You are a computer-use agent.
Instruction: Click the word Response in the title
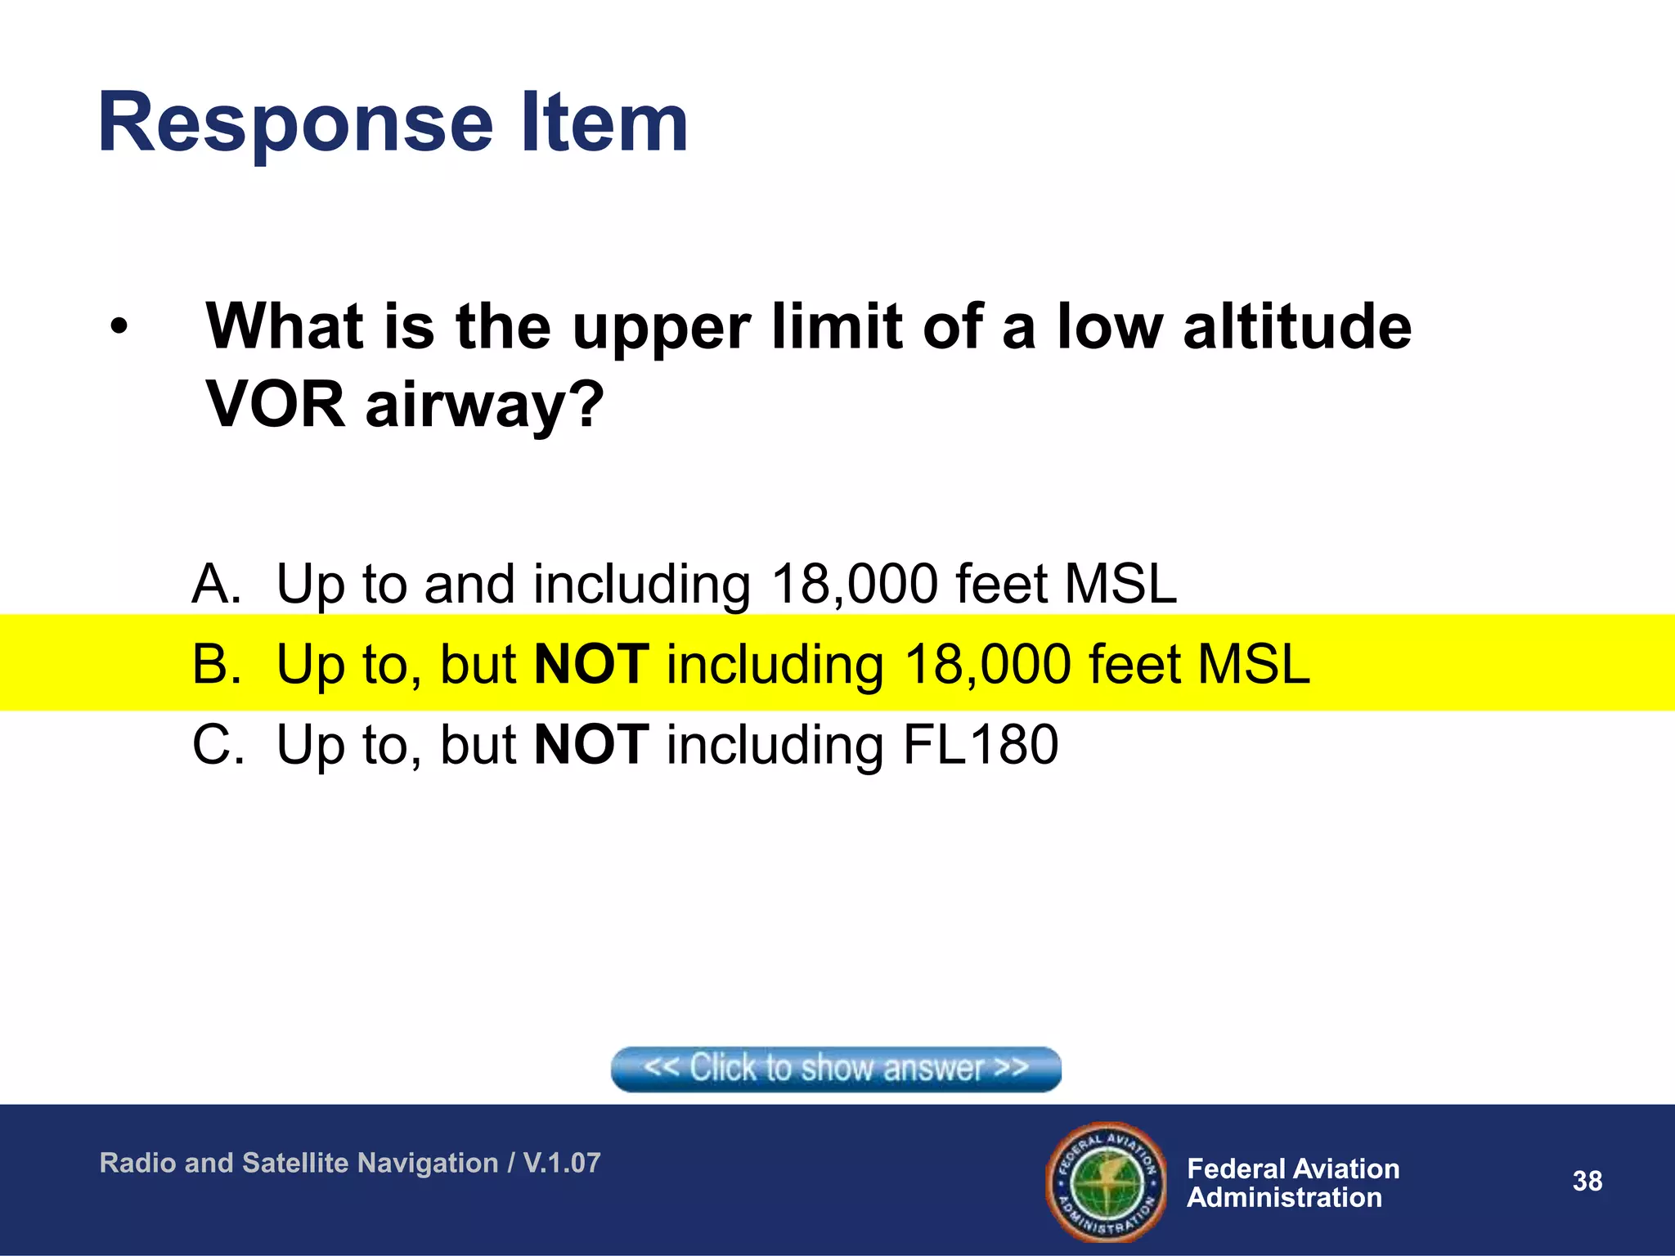[x=295, y=124]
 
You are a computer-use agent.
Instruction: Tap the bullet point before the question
[x=119, y=327]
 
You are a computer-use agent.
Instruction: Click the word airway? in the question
[x=485, y=406]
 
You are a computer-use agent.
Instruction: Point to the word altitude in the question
[x=1297, y=327]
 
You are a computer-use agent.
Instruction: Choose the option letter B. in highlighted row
[x=216, y=663]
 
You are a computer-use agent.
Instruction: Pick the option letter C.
[x=217, y=744]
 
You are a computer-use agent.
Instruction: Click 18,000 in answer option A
[x=855, y=584]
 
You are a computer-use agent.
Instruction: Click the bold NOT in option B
[x=591, y=663]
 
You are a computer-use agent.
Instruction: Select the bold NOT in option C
[x=591, y=744]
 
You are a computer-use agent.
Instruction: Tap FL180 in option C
[x=980, y=744]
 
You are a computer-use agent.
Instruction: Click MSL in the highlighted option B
[x=1253, y=663]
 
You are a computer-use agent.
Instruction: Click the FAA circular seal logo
[x=1107, y=1182]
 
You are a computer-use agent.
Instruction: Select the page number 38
[x=1587, y=1181]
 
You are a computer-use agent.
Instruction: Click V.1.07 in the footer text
[x=562, y=1163]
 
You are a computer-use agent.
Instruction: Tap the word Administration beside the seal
[x=1284, y=1198]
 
